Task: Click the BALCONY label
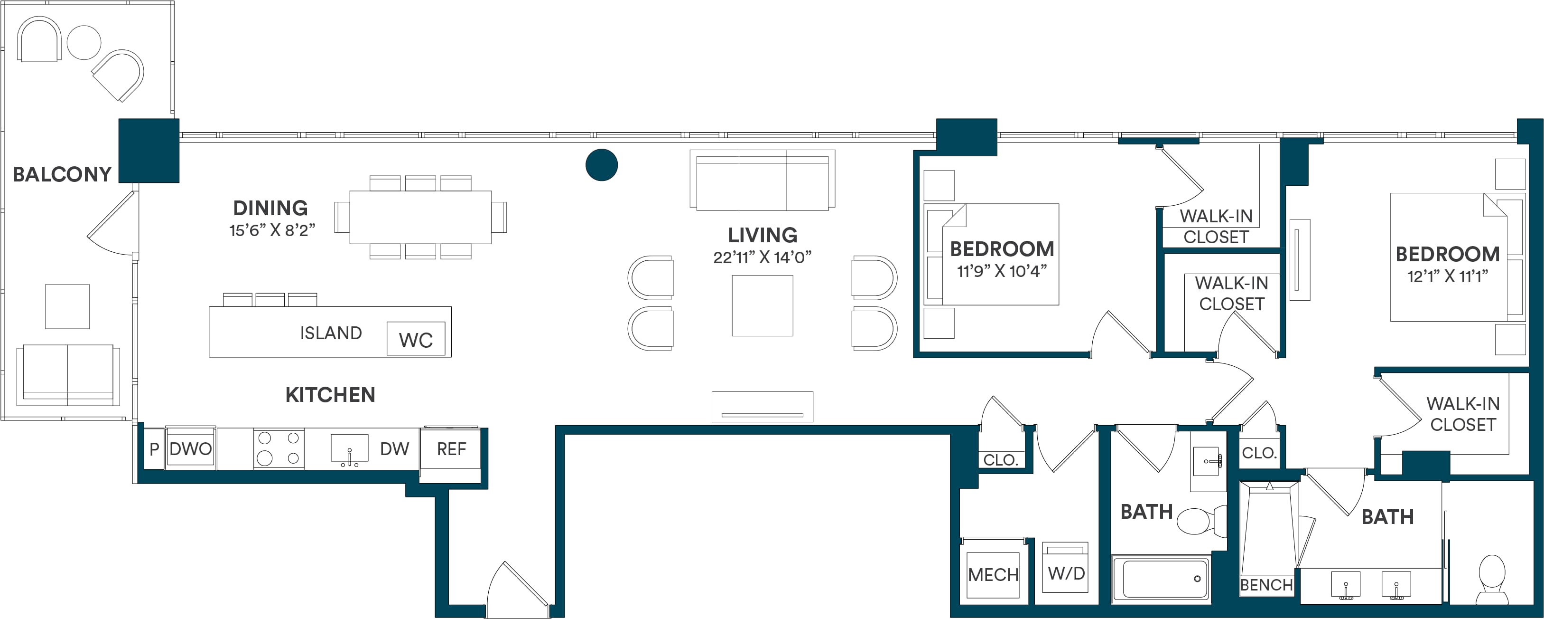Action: click(x=62, y=174)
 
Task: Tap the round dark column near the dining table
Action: click(x=601, y=164)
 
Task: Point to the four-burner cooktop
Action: click(x=278, y=448)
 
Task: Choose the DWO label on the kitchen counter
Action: click(x=191, y=448)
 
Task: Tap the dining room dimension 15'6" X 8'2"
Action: click(x=272, y=230)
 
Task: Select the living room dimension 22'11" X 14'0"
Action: click(x=762, y=257)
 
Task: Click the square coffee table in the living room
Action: click(x=763, y=305)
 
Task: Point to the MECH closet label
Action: click(x=993, y=575)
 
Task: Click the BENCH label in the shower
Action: click(x=1266, y=585)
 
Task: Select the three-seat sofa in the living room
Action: click(x=763, y=180)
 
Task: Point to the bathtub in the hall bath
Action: click(x=1161, y=578)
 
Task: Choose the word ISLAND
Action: click(x=331, y=333)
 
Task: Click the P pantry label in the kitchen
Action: click(x=154, y=448)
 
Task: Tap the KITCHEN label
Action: click(x=330, y=395)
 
